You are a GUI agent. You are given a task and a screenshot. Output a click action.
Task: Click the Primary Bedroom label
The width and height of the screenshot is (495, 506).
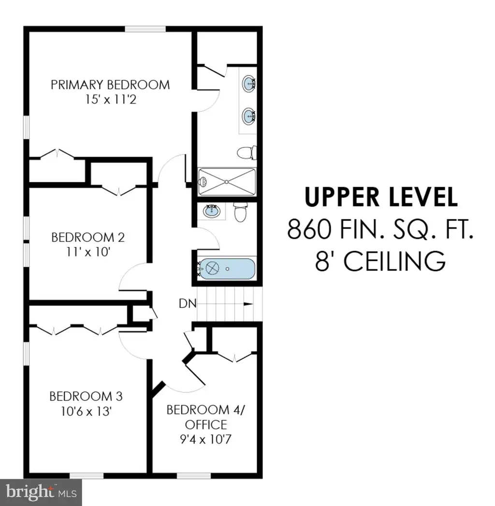[110, 85]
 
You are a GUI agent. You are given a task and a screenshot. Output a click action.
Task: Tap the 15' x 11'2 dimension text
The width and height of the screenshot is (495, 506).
[111, 99]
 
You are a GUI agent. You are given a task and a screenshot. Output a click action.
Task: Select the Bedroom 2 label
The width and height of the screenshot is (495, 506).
[88, 238]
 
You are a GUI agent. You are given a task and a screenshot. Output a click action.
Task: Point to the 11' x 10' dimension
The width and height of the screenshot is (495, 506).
[88, 252]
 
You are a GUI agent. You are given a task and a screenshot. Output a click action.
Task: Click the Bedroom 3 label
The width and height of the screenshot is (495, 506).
[86, 396]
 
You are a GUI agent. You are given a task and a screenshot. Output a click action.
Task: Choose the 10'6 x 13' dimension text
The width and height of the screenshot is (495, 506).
[86, 411]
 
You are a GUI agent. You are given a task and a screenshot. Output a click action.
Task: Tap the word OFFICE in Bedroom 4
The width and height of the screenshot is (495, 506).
[206, 425]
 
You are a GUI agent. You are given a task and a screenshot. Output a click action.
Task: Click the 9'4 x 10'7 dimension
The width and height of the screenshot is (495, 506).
[206, 439]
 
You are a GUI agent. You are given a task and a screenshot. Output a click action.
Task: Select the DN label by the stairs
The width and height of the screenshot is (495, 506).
[188, 304]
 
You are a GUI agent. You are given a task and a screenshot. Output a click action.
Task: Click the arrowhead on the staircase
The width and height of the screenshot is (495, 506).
[248, 304]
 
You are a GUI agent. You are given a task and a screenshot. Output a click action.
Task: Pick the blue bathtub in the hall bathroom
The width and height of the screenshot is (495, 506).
[227, 268]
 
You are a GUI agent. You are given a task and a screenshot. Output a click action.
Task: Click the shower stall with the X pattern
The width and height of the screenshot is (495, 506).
[227, 182]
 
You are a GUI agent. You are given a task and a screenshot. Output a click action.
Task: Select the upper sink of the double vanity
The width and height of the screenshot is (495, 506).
[249, 84]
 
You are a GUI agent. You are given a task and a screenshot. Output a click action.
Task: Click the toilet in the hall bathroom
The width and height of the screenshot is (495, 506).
[240, 212]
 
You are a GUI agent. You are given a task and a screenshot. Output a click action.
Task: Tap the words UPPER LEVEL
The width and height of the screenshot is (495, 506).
[381, 197]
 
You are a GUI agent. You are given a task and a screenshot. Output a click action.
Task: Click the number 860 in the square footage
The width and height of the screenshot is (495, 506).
[309, 229]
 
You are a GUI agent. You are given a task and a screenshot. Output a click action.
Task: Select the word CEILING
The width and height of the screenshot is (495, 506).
[394, 261]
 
